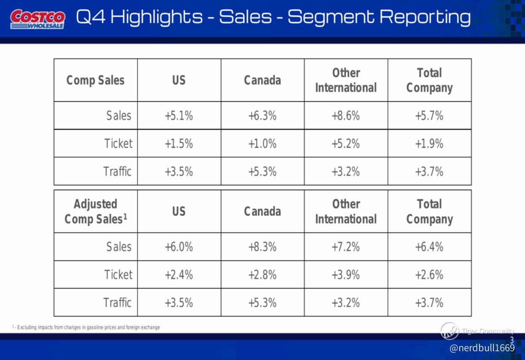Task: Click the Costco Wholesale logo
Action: click(x=38, y=19)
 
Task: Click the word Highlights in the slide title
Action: click(x=156, y=17)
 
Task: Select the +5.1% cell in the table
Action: click(x=179, y=116)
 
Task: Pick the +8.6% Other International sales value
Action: click(x=346, y=116)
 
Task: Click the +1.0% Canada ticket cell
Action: click(x=262, y=143)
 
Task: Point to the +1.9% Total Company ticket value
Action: click(x=429, y=143)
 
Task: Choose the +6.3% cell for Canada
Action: click(x=262, y=116)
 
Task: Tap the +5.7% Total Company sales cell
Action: click(x=429, y=116)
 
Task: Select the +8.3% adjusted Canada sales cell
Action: click(x=262, y=247)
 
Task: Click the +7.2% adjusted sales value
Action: click(x=346, y=247)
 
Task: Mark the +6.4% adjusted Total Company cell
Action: click(x=429, y=247)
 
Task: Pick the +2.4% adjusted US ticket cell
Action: click(x=179, y=275)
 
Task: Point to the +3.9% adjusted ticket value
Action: click(x=346, y=275)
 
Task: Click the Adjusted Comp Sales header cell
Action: click(x=96, y=211)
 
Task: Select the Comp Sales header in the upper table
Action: click(x=96, y=80)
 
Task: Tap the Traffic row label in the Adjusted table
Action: click(x=117, y=303)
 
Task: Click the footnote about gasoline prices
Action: click(x=86, y=327)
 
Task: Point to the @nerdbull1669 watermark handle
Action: click(x=482, y=348)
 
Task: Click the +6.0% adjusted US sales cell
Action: click(x=179, y=247)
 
